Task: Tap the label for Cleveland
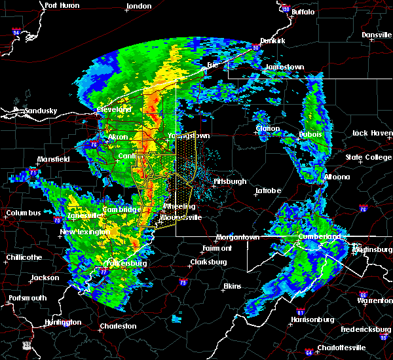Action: click(115, 109)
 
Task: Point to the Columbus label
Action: click(24, 213)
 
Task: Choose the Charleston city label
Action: click(118, 326)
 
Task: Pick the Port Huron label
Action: click(62, 5)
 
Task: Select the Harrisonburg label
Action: click(312, 320)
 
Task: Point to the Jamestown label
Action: click(285, 67)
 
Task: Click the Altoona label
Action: click(336, 177)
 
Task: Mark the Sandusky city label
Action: click(40, 111)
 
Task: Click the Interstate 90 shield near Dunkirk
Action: click(257, 47)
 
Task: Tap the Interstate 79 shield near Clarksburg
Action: click(183, 281)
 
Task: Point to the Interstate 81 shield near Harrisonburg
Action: click(302, 310)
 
